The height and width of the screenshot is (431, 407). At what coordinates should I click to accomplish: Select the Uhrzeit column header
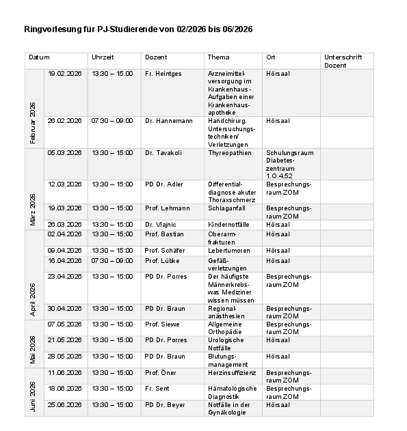[x=103, y=57]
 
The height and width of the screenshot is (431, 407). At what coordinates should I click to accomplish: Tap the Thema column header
[x=219, y=57]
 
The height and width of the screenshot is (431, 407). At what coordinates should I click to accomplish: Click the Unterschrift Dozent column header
[x=343, y=61]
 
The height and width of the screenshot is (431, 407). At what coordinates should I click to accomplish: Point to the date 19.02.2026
[x=64, y=74]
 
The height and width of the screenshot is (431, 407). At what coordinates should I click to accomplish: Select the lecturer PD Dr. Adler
[x=164, y=184]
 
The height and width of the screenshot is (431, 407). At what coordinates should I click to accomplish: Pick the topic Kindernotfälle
[x=229, y=225]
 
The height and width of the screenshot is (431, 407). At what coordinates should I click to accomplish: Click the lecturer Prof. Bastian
[x=164, y=235]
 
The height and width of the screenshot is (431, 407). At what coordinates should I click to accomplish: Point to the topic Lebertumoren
[x=228, y=251]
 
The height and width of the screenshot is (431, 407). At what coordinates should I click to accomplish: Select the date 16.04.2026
[x=64, y=261]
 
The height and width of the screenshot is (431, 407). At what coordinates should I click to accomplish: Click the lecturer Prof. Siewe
[x=162, y=324]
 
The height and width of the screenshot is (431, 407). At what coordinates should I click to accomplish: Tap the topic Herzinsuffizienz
[x=233, y=373]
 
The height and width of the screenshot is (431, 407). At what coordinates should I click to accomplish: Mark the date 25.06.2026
[x=64, y=405]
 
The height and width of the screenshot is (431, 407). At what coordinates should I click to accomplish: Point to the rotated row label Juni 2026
[x=33, y=396]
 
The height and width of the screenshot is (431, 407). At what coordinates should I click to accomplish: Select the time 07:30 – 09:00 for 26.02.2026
[x=112, y=121]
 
